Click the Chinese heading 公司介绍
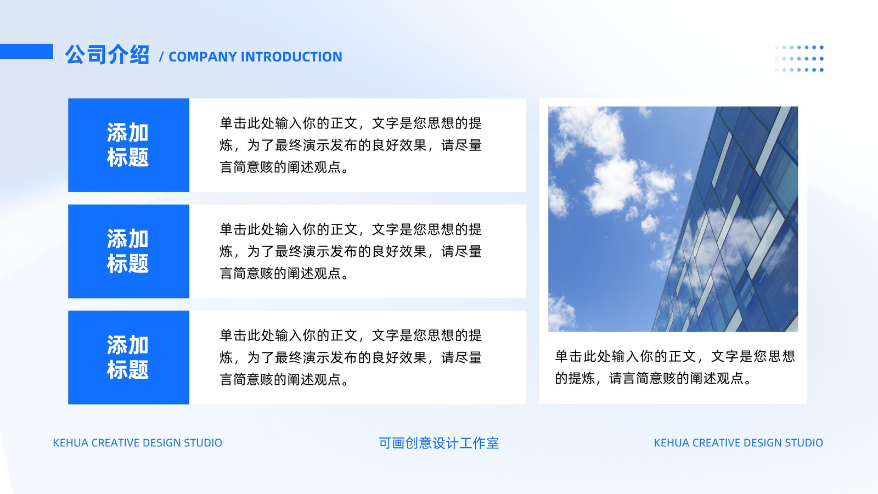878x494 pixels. tap(107, 54)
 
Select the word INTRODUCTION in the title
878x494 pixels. tap(291, 57)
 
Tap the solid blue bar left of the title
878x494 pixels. tap(26, 52)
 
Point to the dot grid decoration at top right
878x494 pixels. tap(799, 58)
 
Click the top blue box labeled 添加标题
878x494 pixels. tap(128, 145)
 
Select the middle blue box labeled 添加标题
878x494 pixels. tap(128, 251)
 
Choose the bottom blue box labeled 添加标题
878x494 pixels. tap(128, 357)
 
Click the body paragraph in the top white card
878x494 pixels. tap(351, 145)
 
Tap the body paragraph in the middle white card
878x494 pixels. tap(351, 251)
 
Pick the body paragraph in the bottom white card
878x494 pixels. tap(351, 357)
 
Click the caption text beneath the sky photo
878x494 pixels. tap(674, 367)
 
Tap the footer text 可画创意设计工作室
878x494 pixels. tap(438, 443)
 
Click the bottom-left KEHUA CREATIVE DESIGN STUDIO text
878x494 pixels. tap(138, 443)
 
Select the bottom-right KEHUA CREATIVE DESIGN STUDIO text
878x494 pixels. tap(739, 443)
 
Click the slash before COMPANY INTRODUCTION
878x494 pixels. tap(161, 57)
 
